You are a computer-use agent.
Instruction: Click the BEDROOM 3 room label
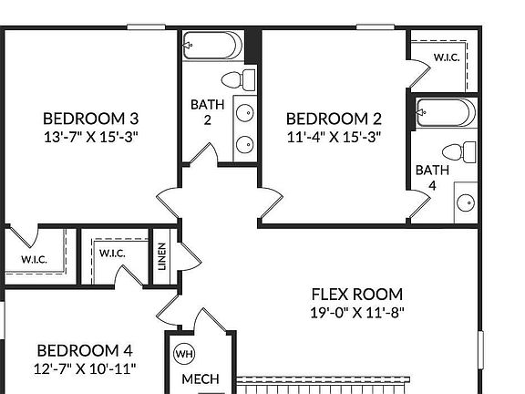(91, 119)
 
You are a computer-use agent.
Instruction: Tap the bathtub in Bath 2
(212, 44)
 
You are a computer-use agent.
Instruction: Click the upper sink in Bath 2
(244, 113)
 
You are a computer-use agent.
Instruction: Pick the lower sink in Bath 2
(244, 144)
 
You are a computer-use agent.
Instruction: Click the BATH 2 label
(207, 112)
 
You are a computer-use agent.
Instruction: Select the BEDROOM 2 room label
(333, 119)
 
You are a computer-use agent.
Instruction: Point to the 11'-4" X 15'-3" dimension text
(333, 138)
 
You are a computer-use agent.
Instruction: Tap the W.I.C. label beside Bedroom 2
(446, 57)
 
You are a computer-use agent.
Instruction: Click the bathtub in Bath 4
(446, 114)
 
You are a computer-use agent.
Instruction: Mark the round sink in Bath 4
(466, 203)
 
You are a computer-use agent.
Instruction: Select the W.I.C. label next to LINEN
(112, 253)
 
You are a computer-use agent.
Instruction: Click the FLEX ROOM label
(356, 295)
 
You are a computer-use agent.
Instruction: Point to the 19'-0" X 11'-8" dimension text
(356, 313)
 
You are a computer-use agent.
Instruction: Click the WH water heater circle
(184, 354)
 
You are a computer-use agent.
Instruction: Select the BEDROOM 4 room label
(85, 350)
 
